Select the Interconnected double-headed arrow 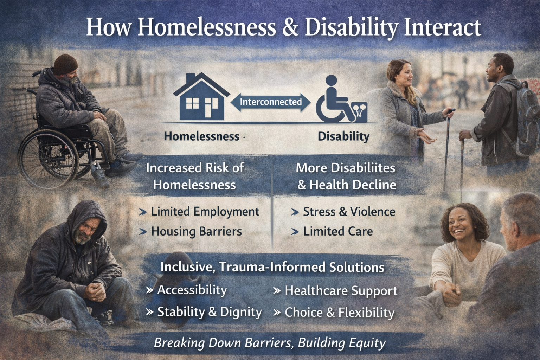(270, 102)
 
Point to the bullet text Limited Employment (205, 212)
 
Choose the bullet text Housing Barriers (196, 231)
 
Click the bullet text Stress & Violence (349, 212)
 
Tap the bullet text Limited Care (338, 231)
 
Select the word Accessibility (192, 290)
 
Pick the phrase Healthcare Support (341, 291)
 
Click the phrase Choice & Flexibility (339, 312)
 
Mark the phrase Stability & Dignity (209, 312)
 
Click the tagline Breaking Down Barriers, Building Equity (270, 343)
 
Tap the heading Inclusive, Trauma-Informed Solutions (272, 267)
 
